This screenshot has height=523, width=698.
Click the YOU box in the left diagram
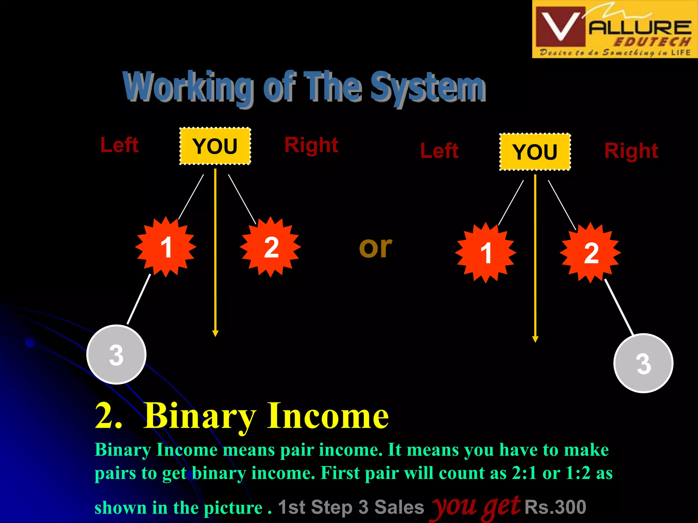(x=215, y=146)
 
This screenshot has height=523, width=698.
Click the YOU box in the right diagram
(x=535, y=152)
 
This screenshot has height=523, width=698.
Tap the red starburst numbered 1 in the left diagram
(x=166, y=247)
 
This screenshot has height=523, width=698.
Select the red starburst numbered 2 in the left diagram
(x=271, y=247)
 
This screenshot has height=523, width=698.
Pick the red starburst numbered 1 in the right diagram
(x=486, y=253)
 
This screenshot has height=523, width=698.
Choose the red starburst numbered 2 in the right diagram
(x=590, y=253)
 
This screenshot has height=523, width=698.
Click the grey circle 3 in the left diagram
(x=116, y=355)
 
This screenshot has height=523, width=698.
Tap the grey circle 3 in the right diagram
(x=643, y=363)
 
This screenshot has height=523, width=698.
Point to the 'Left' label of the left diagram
(x=119, y=145)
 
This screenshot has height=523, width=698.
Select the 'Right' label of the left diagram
(x=311, y=145)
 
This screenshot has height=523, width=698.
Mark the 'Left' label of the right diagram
(x=439, y=151)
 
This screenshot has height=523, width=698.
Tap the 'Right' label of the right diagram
(x=631, y=151)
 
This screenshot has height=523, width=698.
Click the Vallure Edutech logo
(x=615, y=29)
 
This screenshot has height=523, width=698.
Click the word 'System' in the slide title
(x=428, y=87)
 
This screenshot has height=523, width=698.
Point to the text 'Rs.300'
(x=555, y=507)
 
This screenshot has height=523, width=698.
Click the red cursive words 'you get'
(x=476, y=507)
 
